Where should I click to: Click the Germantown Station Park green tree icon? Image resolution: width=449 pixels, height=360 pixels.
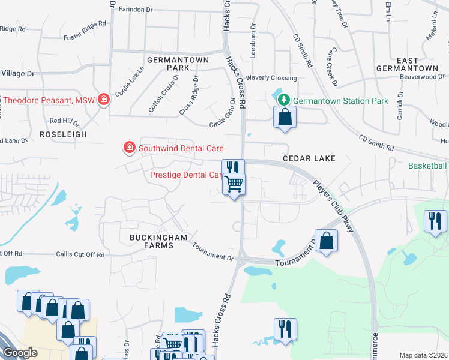pyautogui.click(x=287, y=101)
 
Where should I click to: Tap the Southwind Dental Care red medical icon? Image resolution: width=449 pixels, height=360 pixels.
pyautogui.click(x=128, y=148)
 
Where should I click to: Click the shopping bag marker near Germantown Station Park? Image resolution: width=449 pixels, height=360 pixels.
pyautogui.click(x=285, y=118)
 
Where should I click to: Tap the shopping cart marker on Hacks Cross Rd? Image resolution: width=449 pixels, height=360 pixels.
pyautogui.click(x=234, y=184)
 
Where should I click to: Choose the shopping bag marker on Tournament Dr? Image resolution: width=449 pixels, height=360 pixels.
pyautogui.click(x=325, y=241)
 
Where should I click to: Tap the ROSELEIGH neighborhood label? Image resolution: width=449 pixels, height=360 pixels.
pyautogui.click(x=63, y=134)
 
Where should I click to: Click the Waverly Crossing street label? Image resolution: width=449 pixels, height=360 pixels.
pyautogui.click(x=271, y=78)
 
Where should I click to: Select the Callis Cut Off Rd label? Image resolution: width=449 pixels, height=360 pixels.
pyautogui.click(x=80, y=254)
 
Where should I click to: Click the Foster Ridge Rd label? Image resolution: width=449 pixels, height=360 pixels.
pyautogui.click(x=85, y=38)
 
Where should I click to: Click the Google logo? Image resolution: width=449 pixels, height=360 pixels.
pyautogui.click(x=20, y=353)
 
